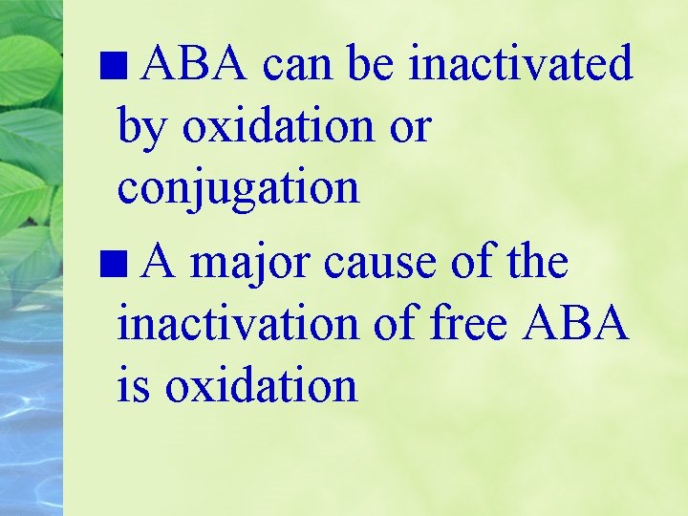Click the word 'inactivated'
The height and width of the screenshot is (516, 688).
(520, 64)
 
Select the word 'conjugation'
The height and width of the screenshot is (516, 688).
(238, 188)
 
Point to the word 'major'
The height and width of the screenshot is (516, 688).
(251, 263)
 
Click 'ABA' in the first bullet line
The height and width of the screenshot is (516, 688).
(196, 64)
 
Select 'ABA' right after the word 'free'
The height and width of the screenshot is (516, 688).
(576, 323)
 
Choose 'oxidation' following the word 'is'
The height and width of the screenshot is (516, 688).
(262, 385)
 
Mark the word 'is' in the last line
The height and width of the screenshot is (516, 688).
(136, 385)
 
